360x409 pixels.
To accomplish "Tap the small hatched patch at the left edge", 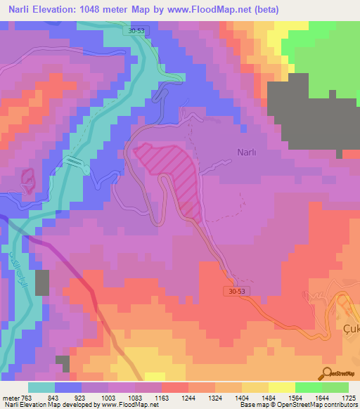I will click(x=27, y=180).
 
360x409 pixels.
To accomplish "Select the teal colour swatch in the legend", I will click(x=41, y=387).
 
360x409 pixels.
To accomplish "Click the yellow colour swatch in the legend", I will click(x=282, y=387).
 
